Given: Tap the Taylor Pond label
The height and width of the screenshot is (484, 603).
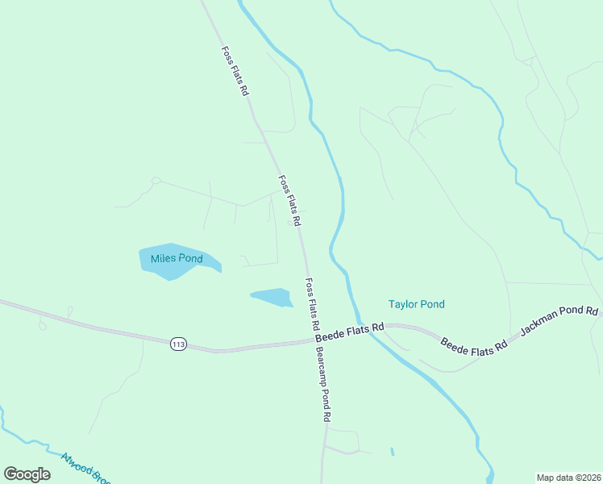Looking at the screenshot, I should (x=416, y=304).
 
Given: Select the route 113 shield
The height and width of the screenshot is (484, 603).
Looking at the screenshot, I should (x=179, y=344).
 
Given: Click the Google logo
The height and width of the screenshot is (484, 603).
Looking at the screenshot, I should (x=27, y=474).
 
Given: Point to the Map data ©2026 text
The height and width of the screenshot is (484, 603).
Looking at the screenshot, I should (x=568, y=478).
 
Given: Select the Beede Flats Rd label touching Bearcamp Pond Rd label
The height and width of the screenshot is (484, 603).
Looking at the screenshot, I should (x=348, y=328).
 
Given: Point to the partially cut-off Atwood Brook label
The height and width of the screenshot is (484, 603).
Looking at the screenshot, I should (x=85, y=468).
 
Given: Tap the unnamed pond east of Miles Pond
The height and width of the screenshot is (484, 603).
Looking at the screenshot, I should (x=274, y=297).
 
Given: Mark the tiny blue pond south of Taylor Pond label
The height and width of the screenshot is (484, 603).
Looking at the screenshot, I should (x=392, y=452).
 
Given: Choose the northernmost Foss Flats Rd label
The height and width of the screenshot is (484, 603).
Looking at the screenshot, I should (x=235, y=72).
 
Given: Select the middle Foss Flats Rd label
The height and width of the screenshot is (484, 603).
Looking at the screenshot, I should (x=289, y=200).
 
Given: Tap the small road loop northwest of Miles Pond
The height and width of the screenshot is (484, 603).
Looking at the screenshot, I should (x=156, y=181).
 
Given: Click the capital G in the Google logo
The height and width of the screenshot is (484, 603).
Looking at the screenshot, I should (x=11, y=474).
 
